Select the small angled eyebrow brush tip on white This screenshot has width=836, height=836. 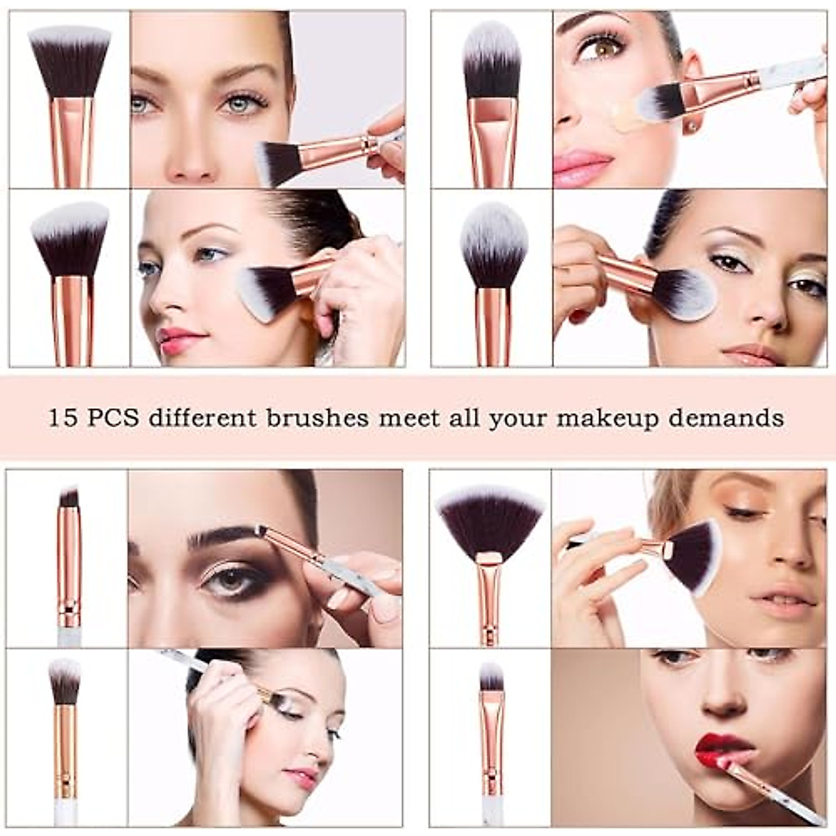coord(68,497)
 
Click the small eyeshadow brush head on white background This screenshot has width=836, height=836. coord(65,679)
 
